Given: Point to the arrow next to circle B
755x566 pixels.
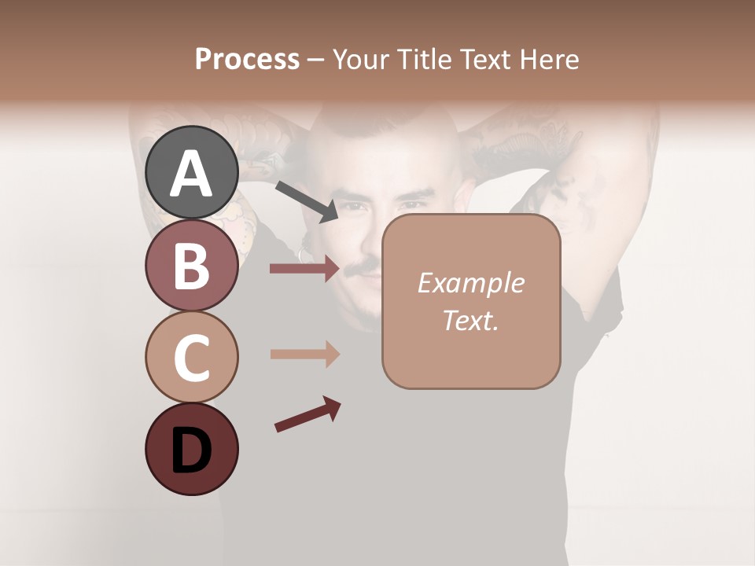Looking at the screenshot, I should (304, 269).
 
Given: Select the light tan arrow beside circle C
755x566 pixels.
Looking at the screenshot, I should (304, 354).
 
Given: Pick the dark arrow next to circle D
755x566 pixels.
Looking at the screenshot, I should (308, 414).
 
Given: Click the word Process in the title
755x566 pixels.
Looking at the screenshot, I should (247, 60).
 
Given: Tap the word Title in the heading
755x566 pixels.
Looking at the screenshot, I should (425, 60).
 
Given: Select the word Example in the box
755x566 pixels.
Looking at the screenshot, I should (470, 283).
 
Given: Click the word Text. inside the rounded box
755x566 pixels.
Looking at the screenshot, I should (470, 320).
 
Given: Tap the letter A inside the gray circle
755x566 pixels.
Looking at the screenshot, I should (191, 175).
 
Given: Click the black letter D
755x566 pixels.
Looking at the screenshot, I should (191, 452).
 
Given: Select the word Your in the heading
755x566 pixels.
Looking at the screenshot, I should (359, 60).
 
